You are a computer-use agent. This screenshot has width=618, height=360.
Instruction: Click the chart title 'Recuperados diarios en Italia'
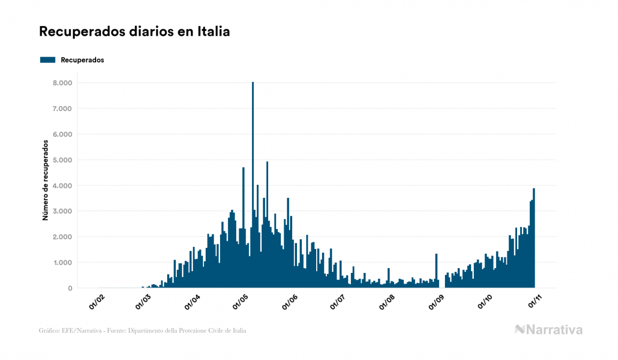point(134,32)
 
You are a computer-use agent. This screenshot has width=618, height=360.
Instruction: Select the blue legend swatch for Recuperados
point(48,60)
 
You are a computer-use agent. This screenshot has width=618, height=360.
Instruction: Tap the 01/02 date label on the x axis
point(97,301)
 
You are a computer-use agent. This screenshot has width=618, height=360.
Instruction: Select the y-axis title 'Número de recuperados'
point(46,180)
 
